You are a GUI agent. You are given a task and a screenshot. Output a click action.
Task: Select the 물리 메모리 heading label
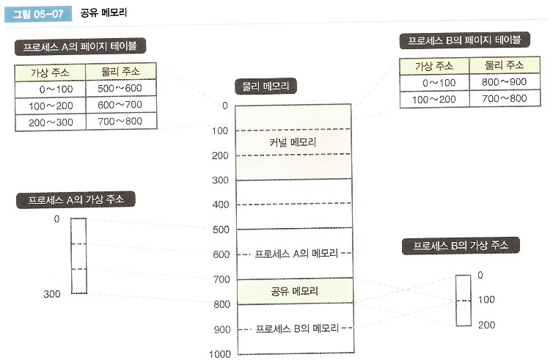point(265,87)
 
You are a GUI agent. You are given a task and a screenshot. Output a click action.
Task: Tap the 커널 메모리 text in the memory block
point(293,142)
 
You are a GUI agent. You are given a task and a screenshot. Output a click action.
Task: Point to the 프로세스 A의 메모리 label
point(296,254)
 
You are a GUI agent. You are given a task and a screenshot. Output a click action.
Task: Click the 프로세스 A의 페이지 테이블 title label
point(80,47)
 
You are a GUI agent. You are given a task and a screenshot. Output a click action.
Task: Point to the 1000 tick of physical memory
point(219,354)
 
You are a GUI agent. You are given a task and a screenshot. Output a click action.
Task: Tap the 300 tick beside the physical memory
point(221,180)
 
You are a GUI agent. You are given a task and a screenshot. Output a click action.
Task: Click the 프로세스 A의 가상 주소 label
point(76,199)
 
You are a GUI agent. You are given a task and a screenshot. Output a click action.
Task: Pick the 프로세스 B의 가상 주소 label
point(461,246)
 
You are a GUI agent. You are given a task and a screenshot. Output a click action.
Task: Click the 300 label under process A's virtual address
point(51,293)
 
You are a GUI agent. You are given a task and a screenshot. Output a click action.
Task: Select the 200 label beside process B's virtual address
point(486,323)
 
